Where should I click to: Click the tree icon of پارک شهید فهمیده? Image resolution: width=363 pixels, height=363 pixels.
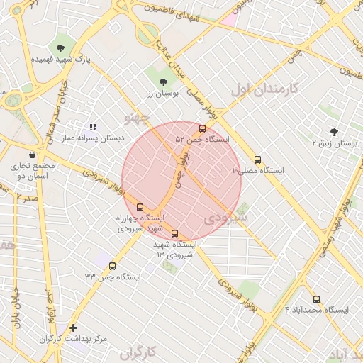click(x=60, y=48)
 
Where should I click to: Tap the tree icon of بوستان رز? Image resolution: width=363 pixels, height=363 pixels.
click(x=164, y=82)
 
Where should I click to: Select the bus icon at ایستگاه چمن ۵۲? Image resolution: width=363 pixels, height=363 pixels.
click(x=203, y=129)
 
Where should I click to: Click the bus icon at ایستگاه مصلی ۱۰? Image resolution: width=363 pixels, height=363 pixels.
click(x=257, y=160)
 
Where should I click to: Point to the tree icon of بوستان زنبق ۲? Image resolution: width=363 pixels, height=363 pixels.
click(x=334, y=131)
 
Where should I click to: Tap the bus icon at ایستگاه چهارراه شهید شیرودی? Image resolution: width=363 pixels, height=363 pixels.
click(x=139, y=206)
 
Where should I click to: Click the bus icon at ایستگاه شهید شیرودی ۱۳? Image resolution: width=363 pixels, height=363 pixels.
click(x=175, y=233)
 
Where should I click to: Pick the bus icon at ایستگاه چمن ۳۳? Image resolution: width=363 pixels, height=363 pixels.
click(x=112, y=266)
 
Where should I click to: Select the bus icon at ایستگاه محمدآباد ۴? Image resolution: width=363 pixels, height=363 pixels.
click(x=316, y=299)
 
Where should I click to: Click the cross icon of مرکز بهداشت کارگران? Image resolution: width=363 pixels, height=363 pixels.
click(x=73, y=328)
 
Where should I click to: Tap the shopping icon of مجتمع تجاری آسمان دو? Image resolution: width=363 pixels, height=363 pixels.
click(x=32, y=155)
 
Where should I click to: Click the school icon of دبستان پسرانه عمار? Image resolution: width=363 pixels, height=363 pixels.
click(x=93, y=127)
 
